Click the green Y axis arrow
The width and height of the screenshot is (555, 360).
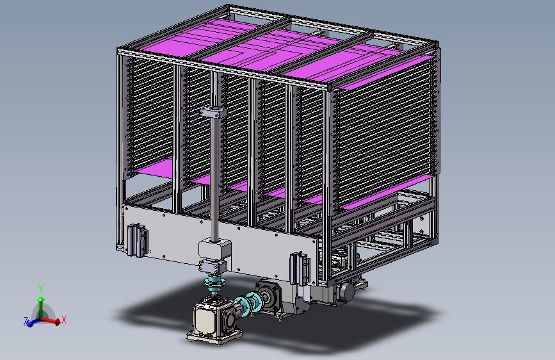(x=41, y=306)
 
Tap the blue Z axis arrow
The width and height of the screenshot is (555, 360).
(x=33, y=322)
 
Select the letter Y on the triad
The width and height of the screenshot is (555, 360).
(x=41, y=289)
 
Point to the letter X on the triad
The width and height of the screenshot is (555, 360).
(x=64, y=320)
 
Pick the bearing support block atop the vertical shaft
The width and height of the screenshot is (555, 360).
(x=213, y=111)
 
